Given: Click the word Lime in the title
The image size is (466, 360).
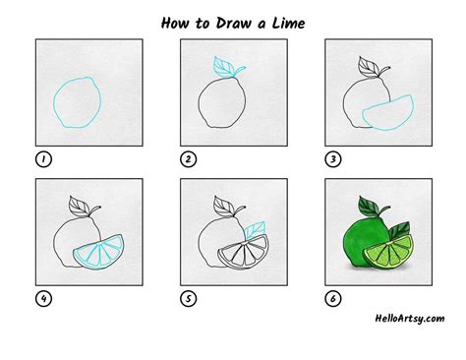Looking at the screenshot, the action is click(288, 23).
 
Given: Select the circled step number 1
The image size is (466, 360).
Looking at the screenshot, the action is click(43, 159).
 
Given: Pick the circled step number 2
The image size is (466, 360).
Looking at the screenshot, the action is click(188, 159).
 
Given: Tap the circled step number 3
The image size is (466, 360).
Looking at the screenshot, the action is click(333, 159).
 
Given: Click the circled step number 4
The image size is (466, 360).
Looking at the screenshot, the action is click(43, 299).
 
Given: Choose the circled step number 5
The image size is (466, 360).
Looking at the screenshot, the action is click(188, 299).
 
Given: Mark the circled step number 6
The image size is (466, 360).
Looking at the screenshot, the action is click(333, 299).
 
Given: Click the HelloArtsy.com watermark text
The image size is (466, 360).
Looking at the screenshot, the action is click(410, 319).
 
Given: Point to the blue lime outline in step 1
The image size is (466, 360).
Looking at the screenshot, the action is click(54, 102).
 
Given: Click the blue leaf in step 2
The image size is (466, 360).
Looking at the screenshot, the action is click(223, 67).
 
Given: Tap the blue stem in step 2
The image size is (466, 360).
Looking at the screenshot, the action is click(240, 71).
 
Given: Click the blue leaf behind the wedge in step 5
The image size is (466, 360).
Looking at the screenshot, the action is click(256, 229).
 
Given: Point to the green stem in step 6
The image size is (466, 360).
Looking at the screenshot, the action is click(384, 210).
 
